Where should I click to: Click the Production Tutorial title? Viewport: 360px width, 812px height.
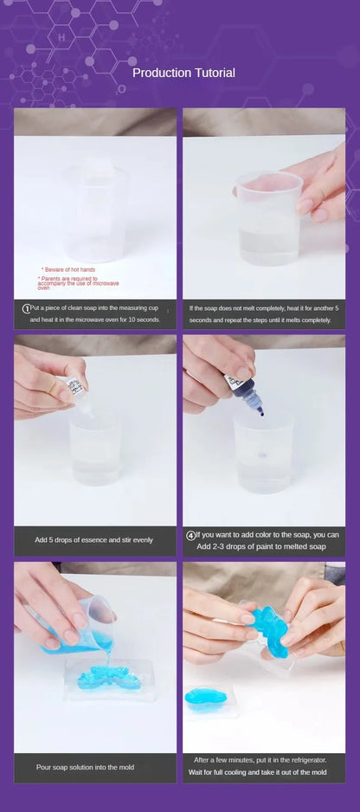click(183, 73)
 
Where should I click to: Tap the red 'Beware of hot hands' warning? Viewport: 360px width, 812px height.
click(68, 269)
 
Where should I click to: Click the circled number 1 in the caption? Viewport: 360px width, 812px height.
click(26, 307)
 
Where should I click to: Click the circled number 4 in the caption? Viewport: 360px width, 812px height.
click(191, 535)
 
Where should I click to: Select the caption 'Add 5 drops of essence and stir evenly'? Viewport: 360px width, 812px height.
click(93, 539)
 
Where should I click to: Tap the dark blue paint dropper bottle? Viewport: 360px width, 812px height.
click(235, 381)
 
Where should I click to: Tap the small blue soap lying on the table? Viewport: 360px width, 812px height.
click(204, 698)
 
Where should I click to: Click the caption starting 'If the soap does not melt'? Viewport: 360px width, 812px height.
click(263, 313)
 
